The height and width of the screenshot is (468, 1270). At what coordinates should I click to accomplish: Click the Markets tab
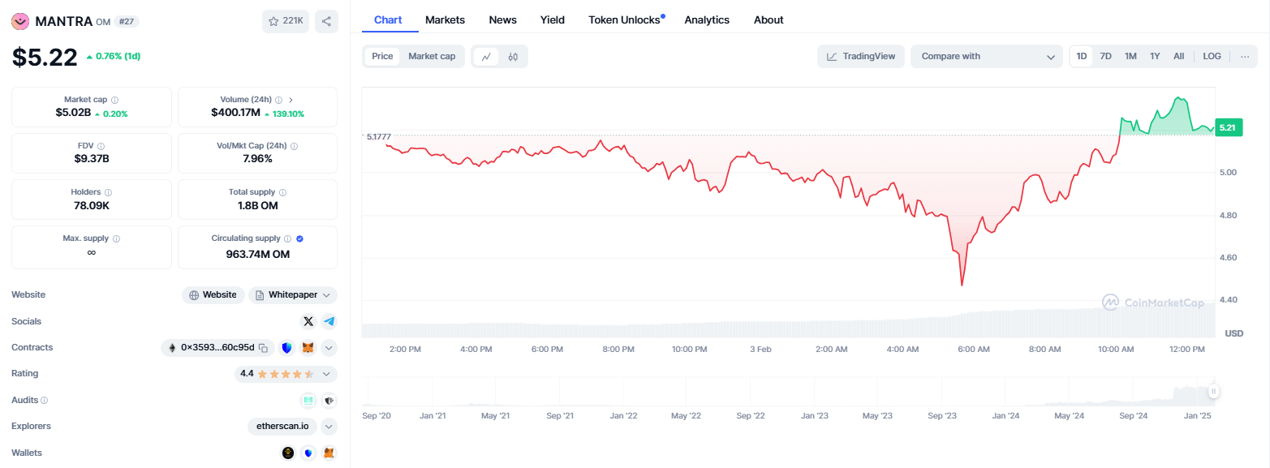pos(445,19)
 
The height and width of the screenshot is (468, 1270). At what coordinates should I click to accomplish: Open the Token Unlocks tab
pos(624,19)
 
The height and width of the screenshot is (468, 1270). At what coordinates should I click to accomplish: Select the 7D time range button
pos(1105,56)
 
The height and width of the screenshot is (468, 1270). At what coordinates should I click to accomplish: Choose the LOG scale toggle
pos(1212,56)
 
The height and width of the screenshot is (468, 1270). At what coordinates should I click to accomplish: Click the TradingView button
pos(861,56)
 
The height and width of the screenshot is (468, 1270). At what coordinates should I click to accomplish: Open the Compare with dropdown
pos(987,56)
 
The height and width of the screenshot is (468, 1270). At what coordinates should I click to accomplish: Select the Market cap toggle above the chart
pos(432,56)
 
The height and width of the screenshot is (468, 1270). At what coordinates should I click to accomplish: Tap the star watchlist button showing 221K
pos(285,21)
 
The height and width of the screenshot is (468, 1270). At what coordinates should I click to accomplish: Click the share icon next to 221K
pos(326,21)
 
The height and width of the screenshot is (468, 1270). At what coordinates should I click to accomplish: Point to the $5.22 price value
pos(44,58)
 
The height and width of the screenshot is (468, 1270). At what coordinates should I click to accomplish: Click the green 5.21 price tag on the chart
pos(1228,127)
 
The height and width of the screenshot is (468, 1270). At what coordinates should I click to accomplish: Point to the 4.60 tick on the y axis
pos(1228,257)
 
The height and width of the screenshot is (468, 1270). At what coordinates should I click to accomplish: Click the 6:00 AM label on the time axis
pos(974,349)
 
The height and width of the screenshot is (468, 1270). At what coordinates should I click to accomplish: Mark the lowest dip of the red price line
pos(962,285)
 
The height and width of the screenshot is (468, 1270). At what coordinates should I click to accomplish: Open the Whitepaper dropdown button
pos(293,294)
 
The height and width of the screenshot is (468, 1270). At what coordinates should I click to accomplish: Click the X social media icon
pos(308,321)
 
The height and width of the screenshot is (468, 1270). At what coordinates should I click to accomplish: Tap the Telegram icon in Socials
pos(329,321)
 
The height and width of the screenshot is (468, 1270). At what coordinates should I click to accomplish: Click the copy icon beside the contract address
pos(263,348)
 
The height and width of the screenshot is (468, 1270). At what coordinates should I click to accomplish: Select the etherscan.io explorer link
pos(282,426)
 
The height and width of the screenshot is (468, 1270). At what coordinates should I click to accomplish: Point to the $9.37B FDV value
pos(91,159)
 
